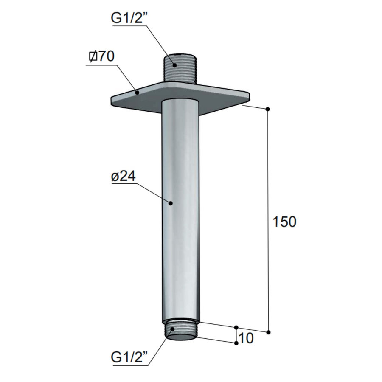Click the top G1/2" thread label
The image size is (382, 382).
129,19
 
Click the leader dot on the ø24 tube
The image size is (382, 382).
171,203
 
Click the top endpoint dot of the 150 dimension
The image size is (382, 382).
267,110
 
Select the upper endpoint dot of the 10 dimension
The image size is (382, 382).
236,328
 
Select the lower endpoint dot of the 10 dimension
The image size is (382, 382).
236,343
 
